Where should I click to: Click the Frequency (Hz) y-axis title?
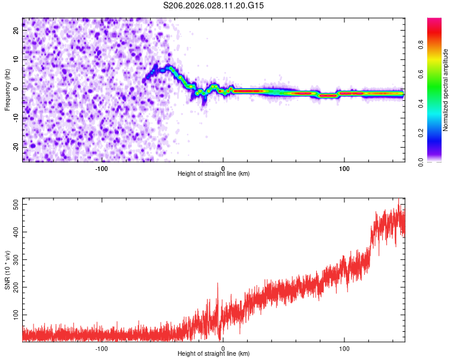pos(7,89)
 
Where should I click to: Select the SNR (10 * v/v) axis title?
pos(7,270)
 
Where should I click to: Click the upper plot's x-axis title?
pos(214,173)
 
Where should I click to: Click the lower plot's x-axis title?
pos(214,353)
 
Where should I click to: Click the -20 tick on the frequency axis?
pos(15,146)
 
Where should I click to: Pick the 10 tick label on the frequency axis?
pos(16,60)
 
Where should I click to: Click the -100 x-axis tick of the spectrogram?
pos(101,167)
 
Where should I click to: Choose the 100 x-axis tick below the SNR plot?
pos(344,347)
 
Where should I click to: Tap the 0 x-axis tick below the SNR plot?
pos(223,347)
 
